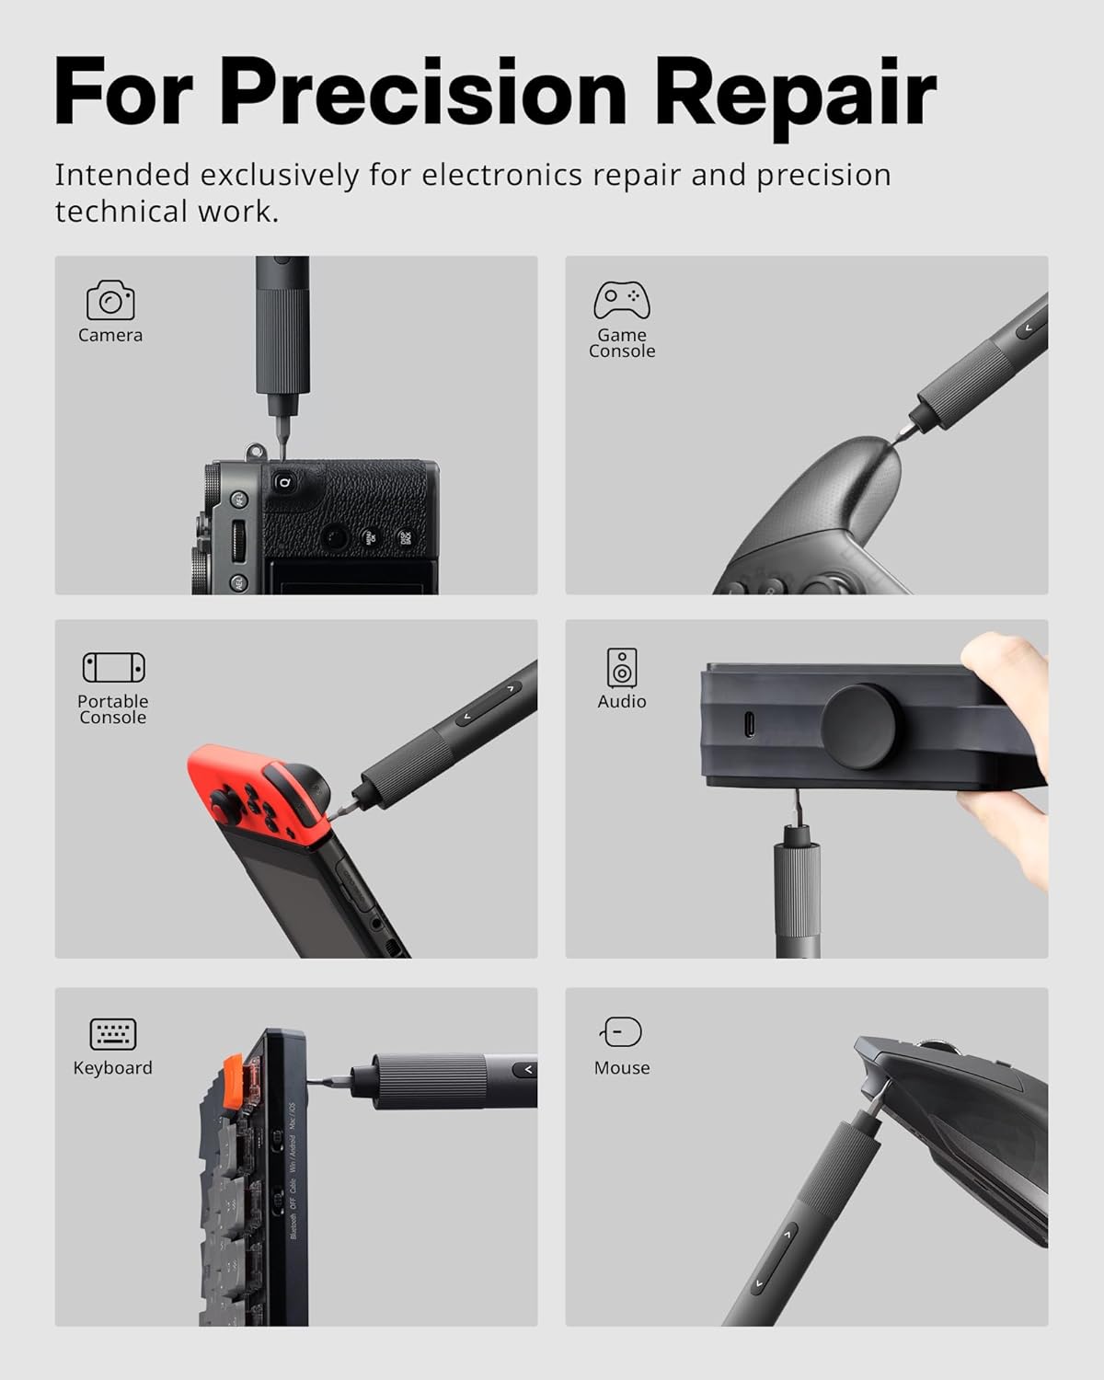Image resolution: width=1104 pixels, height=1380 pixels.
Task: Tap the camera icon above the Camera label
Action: pyautogui.click(x=110, y=301)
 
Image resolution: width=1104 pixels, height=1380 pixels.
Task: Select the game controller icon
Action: pyautogui.click(x=622, y=300)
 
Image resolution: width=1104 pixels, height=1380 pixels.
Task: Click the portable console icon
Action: pyautogui.click(x=113, y=667)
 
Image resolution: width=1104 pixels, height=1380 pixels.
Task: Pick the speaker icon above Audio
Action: pyautogui.click(x=622, y=667)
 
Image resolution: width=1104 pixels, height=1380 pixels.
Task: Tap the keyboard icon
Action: pyautogui.click(x=113, y=1034)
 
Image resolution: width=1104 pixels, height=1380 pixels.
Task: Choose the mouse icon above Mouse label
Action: pyautogui.click(x=622, y=1032)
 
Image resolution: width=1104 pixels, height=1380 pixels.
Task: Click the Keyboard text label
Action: pyautogui.click(x=113, y=1068)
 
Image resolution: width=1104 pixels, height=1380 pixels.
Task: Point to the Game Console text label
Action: pyautogui.click(x=622, y=343)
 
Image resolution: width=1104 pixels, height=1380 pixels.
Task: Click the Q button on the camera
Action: pyautogui.click(x=284, y=482)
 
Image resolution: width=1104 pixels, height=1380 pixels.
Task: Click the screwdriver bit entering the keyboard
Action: pyautogui.click(x=327, y=1082)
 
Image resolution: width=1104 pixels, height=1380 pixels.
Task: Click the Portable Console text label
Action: pyautogui.click(x=113, y=709)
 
